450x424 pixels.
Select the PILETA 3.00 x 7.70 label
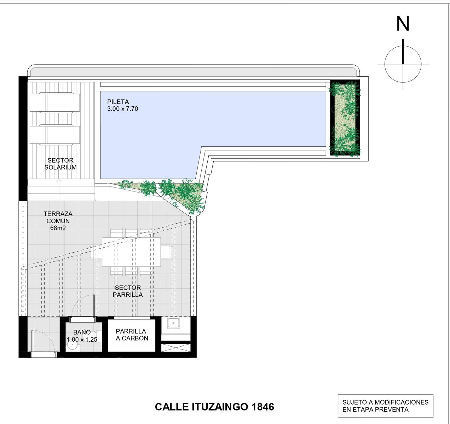(x=123, y=105)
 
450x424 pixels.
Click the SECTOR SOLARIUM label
(x=60, y=164)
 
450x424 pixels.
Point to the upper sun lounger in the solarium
(x=54, y=102)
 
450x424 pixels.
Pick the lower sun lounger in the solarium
(x=54, y=135)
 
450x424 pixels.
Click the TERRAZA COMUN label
(x=58, y=217)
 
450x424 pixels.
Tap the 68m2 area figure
(x=58, y=228)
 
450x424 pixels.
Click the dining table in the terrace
(x=131, y=252)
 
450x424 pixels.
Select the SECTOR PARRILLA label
(x=128, y=291)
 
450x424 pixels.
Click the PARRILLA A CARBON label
(x=132, y=335)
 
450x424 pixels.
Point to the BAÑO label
(x=82, y=332)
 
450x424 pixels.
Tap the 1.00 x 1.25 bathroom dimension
(x=82, y=340)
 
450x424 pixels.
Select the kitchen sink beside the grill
(x=174, y=323)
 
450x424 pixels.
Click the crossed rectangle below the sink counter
(x=175, y=348)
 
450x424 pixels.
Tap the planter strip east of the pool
(x=345, y=118)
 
